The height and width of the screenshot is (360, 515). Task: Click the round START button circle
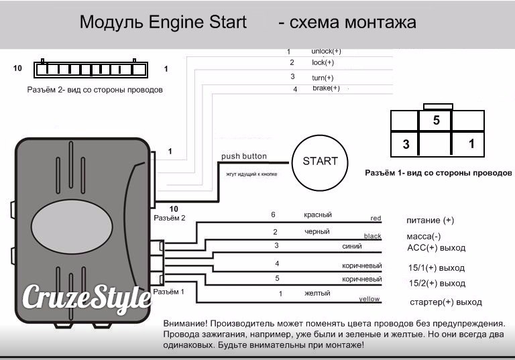pos(320,162)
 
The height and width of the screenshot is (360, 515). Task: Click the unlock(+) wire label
pos(326,51)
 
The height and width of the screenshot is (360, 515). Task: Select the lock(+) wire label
pos(323,62)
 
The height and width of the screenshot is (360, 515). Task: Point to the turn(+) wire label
pos(323,78)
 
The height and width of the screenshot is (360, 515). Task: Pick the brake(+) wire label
pos(326,88)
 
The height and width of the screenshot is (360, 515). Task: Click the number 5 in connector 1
pos(436,121)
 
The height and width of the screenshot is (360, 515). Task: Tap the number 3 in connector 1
pos(406,143)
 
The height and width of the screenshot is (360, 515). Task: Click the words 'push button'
pos(244,156)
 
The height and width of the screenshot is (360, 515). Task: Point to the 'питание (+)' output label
pos(431,221)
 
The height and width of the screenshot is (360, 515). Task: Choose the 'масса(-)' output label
pos(424,237)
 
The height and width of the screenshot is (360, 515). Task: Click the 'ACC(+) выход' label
pos(436,248)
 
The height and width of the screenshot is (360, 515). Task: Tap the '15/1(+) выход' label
pos(436,268)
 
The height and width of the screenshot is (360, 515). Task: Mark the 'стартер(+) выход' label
pos(446,302)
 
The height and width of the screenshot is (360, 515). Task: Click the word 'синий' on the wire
pos(351,246)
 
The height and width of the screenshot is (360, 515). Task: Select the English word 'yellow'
pos(369,299)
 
